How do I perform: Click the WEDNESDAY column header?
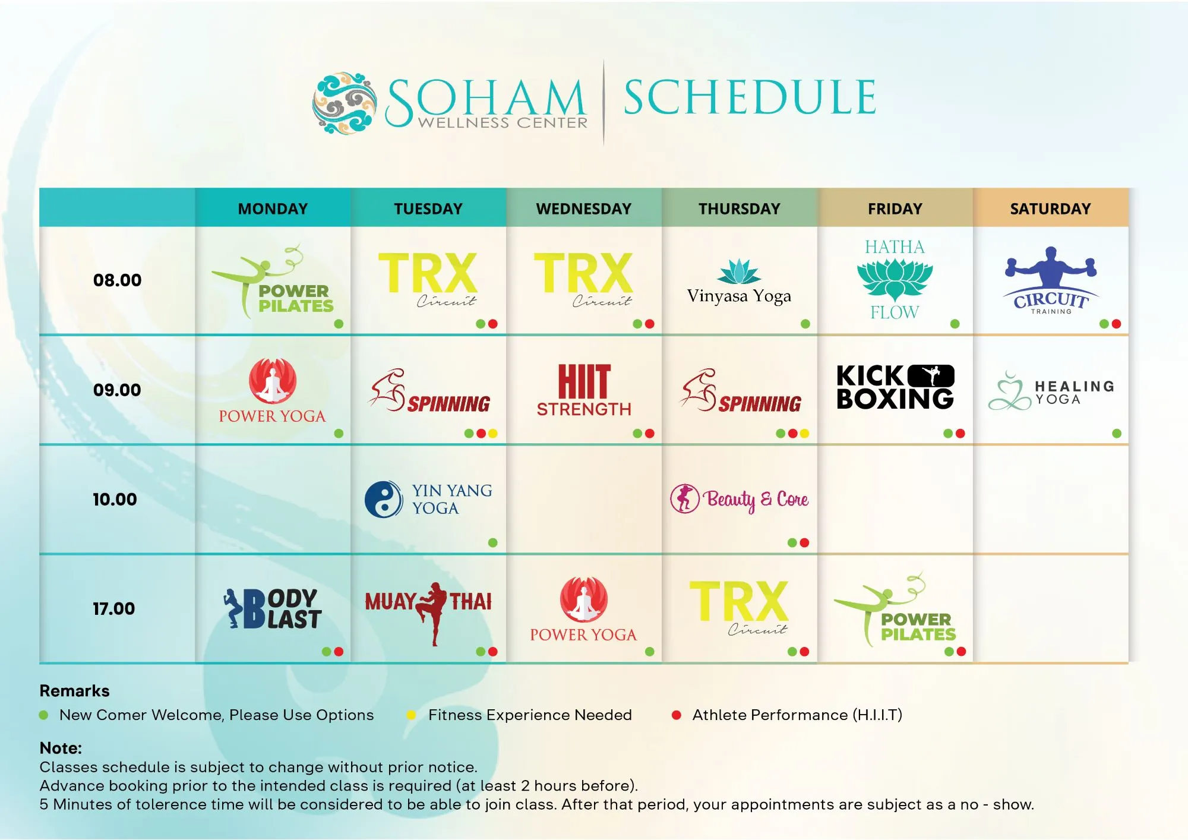[583, 209]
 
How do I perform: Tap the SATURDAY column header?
[1050, 209]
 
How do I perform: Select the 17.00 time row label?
[114, 608]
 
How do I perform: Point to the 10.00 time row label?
[115, 499]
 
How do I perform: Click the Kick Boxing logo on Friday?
[895, 387]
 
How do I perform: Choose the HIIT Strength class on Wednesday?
[584, 390]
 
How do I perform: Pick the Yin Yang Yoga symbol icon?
[384, 499]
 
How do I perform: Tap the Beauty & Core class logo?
[739, 499]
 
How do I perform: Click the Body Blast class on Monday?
[273, 608]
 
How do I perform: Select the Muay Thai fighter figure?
[433, 612]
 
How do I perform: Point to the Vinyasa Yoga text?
[739, 296]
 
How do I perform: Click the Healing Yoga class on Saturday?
[1051, 391]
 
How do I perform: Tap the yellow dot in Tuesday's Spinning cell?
[492, 434]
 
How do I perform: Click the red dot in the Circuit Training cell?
[1116, 324]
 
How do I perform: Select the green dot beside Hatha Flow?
[955, 324]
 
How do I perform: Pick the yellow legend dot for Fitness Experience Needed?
[411, 715]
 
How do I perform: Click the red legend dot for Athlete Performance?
[676, 715]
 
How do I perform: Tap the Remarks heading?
[74, 691]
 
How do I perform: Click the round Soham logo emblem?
[345, 103]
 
